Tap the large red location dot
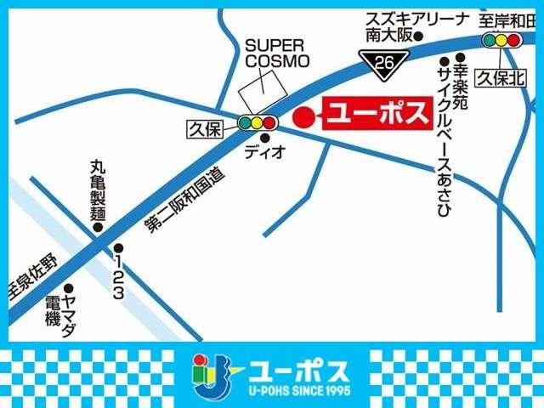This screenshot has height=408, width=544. (x=302, y=117)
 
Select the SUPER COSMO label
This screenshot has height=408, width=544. (x=277, y=54)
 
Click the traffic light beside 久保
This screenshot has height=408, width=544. (x=257, y=123)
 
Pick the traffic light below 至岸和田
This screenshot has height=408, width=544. (x=501, y=40)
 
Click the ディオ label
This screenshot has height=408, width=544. (x=258, y=152)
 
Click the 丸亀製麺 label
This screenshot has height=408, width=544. (x=97, y=190)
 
